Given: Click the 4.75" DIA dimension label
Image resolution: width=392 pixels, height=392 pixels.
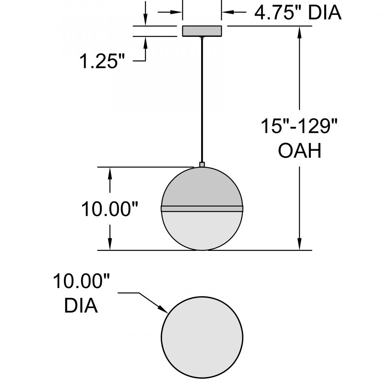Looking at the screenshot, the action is (x=298, y=13).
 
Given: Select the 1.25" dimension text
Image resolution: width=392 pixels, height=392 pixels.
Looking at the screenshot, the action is (x=102, y=61).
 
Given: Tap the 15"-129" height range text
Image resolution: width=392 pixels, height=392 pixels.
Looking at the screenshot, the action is (x=299, y=126).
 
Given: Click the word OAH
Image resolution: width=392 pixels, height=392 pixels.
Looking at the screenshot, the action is (x=299, y=151).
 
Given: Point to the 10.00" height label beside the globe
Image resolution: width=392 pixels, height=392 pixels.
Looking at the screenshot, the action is (x=110, y=209).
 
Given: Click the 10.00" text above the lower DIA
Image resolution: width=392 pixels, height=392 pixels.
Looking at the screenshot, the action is (x=81, y=281).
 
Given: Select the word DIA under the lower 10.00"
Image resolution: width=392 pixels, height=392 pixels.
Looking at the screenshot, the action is (x=81, y=305).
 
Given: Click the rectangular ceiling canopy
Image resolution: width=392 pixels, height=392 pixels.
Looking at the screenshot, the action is (x=202, y=31).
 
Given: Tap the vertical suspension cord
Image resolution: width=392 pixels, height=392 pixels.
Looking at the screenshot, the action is (x=202, y=100).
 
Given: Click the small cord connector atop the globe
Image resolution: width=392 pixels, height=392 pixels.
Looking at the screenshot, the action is (x=202, y=165).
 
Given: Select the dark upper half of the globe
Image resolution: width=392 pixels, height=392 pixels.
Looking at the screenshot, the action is (x=202, y=187).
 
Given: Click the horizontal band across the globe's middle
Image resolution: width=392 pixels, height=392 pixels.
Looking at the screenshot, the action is (x=202, y=209).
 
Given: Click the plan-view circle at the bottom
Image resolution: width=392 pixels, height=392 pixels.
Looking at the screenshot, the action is (x=202, y=337).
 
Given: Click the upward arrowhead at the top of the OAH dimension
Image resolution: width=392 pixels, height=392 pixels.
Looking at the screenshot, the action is (x=299, y=33).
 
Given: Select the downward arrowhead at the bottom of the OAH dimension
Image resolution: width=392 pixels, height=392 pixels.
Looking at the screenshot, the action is (x=299, y=243).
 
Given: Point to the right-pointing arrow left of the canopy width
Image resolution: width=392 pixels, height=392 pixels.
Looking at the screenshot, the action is (x=170, y=12).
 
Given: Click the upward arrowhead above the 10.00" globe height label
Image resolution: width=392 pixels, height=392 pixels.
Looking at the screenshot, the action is (x=110, y=174).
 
